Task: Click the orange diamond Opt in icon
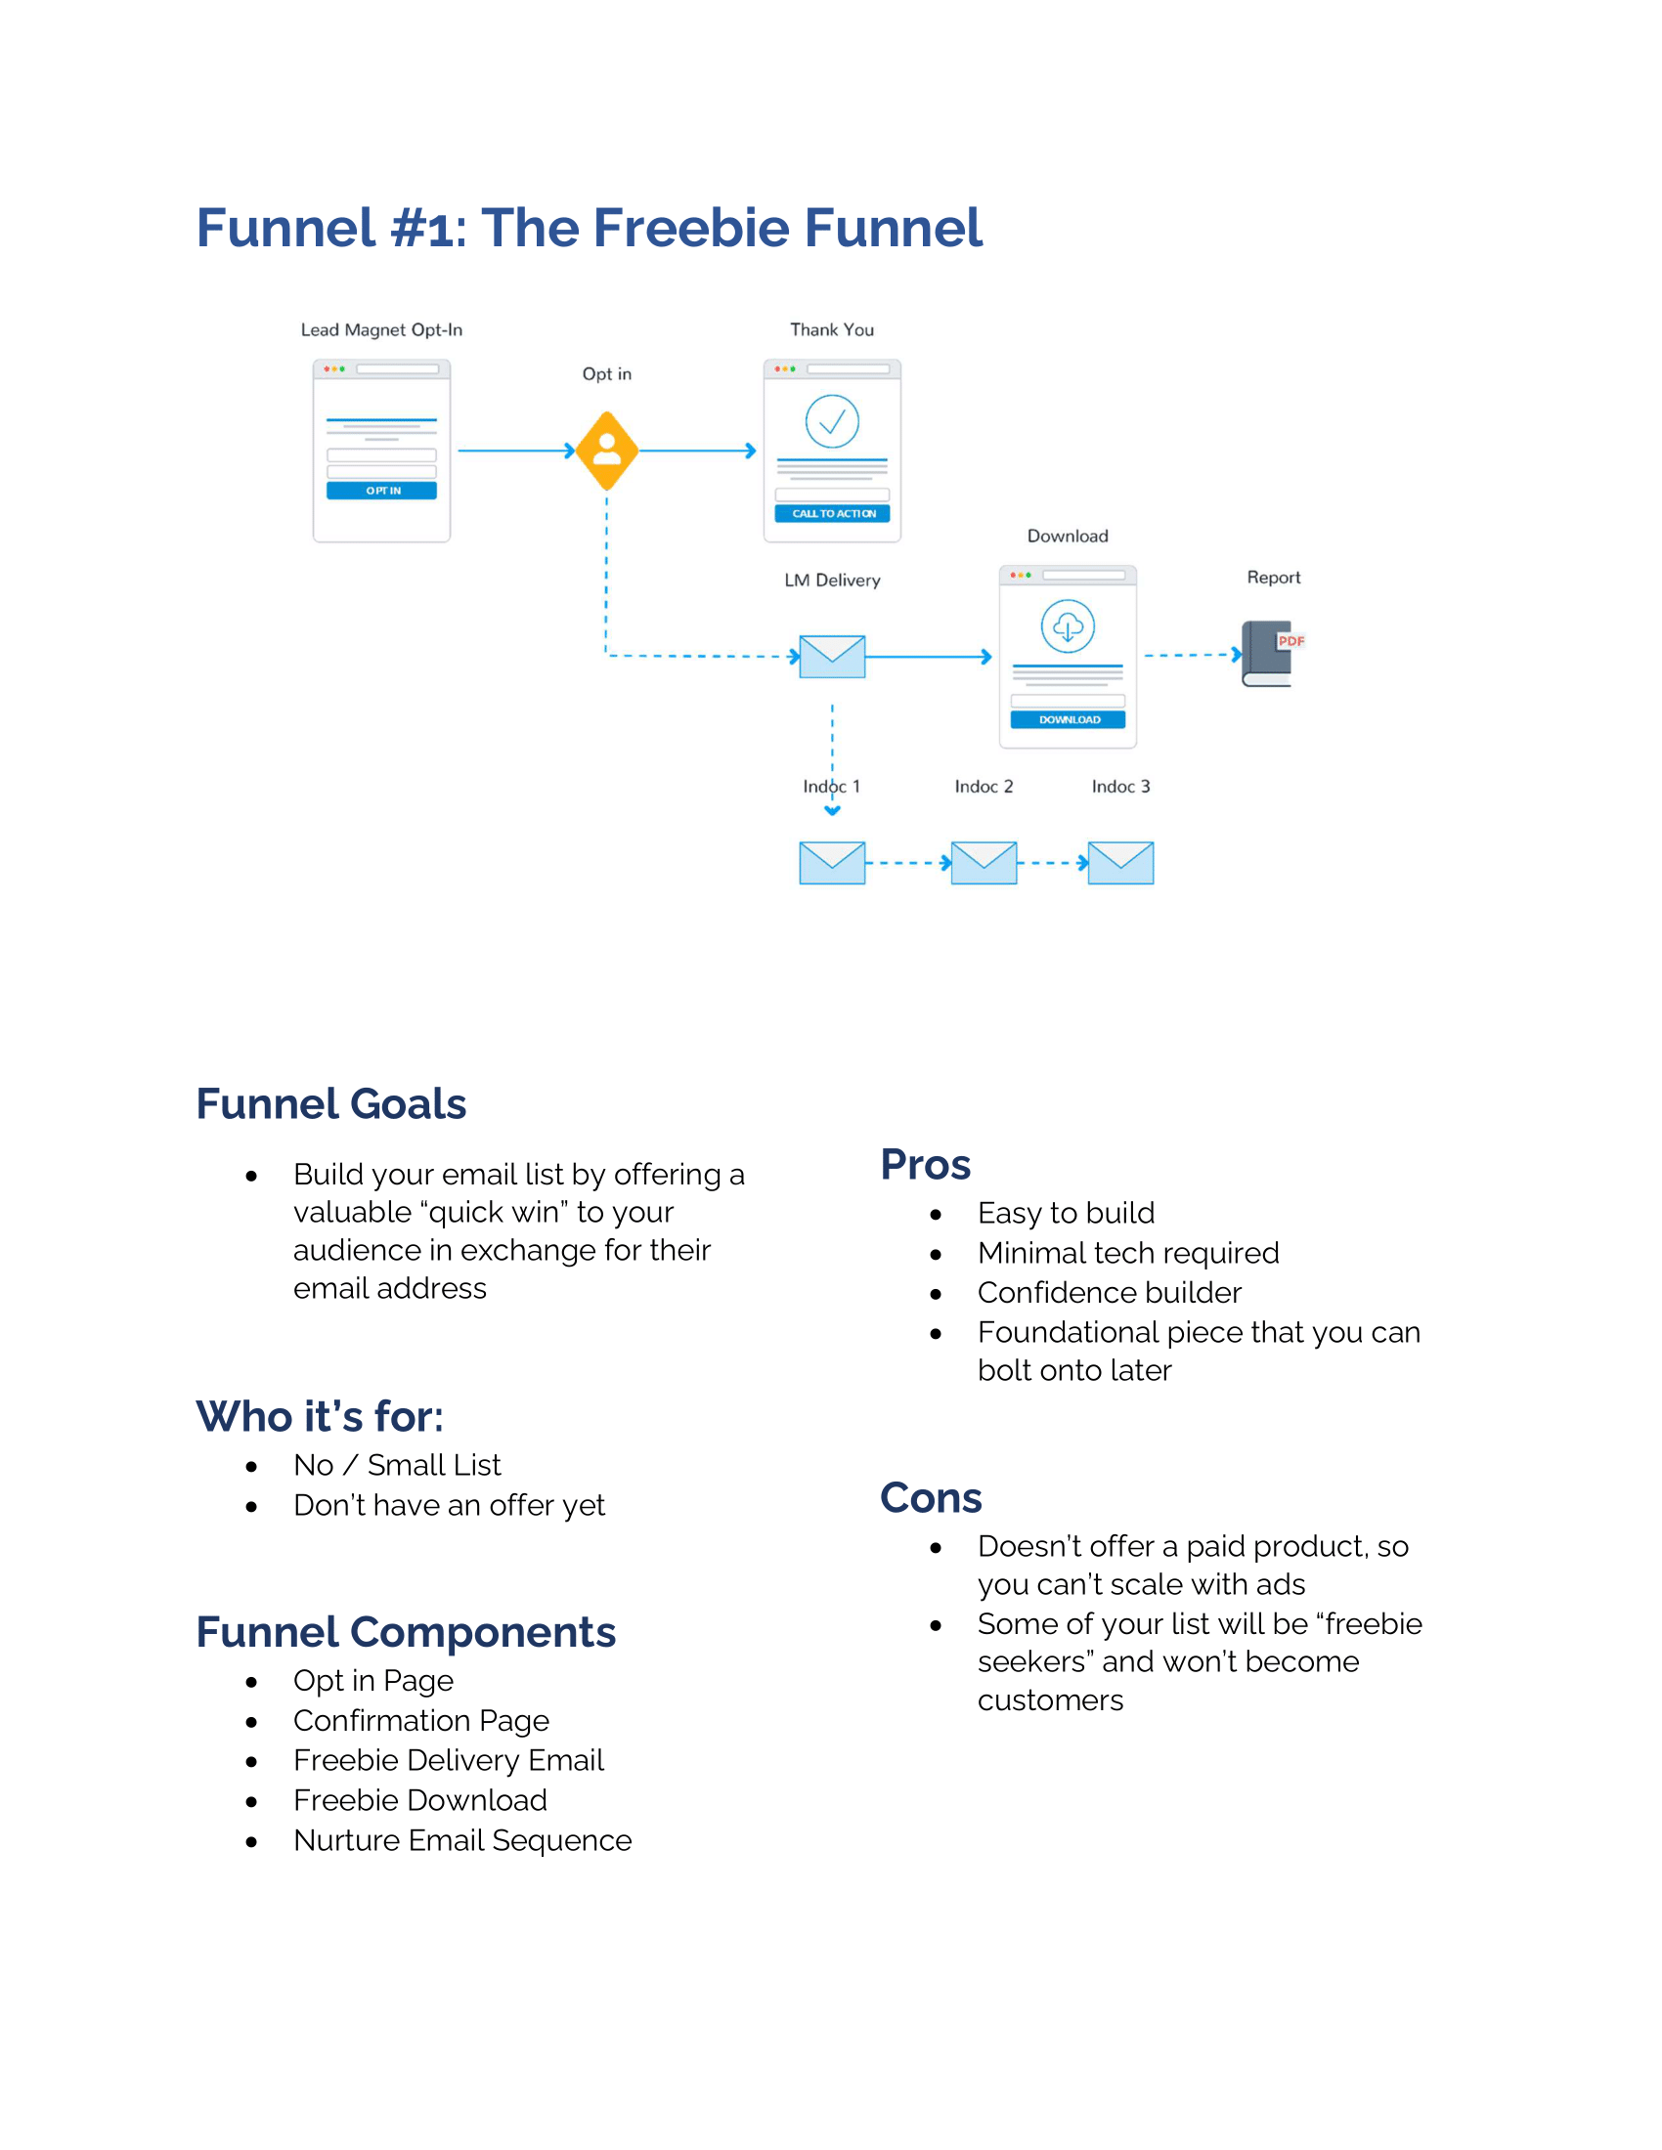(x=606, y=451)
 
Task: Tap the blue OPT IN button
(x=382, y=491)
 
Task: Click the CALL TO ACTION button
(x=832, y=514)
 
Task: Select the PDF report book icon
(x=1269, y=654)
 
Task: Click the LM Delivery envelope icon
(x=832, y=657)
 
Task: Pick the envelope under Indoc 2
(x=984, y=862)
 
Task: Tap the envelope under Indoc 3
(x=1120, y=862)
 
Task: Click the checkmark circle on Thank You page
(x=832, y=421)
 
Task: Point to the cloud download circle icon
(x=1068, y=626)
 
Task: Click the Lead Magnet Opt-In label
(x=381, y=329)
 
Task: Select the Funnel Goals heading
(x=330, y=1103)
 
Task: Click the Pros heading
(x=925, y=1164)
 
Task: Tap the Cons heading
(x=931, y=1497)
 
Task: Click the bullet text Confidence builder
(x=1109, y=1293)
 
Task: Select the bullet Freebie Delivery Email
(x=448, y=1760)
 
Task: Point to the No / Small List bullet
(x=397, y=1465)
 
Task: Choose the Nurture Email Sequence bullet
(x=461, y=1840)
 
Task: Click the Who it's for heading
(x=319, y=1417)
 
